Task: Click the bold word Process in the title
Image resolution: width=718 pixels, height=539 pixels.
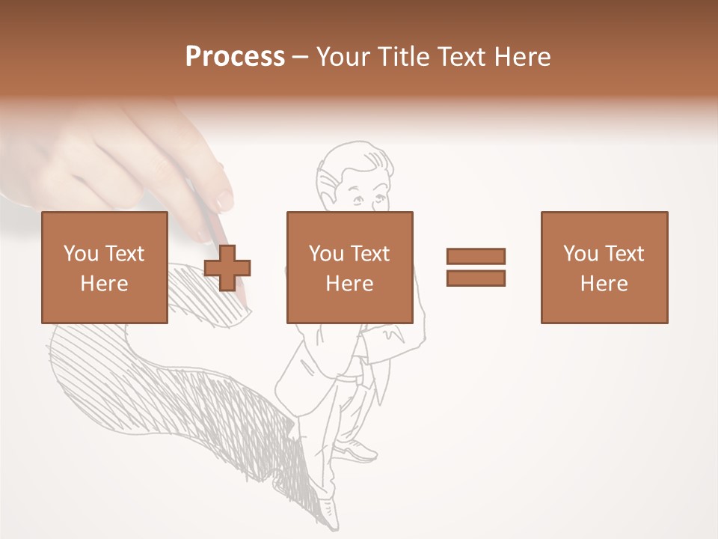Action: pyautogui.click(x=235, y=57)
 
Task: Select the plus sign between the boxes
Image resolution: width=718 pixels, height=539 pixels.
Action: pyautogui.click(x=227, y=267)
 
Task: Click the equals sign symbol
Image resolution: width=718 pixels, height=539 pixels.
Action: pyautogui.click(x=476, y=267)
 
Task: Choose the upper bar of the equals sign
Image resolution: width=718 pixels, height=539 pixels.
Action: pyautogui.click(x=476, y=257)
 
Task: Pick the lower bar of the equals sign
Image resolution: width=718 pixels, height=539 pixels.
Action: pyautogui.click(x=476, y=278)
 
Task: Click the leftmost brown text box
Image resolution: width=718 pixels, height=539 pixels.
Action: pyautogui.click(x=104, y=267)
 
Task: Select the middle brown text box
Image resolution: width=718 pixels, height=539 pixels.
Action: pyautogui.click(x=349, y=267)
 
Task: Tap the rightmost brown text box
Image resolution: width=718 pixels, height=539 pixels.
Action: pyautogui.click(x=604, y=267)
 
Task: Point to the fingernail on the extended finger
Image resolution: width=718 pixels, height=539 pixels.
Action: pyautogui.click(x=224, y=200)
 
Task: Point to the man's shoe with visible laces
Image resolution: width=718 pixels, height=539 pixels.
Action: pyautogui.click(x=358, y=449)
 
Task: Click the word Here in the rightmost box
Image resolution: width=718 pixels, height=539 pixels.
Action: pyautogui.click(x=604, y=284)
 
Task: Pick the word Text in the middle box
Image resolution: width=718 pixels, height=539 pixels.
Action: pyautogui.click(x=370, y=254)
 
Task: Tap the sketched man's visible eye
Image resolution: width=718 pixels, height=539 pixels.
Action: pyautogui.click(x=358, y=199)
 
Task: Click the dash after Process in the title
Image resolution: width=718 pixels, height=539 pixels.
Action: pyautogui.click(x=301, y=58)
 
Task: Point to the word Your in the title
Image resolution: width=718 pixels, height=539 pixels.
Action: pyautogui.click(x=343, y=57)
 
